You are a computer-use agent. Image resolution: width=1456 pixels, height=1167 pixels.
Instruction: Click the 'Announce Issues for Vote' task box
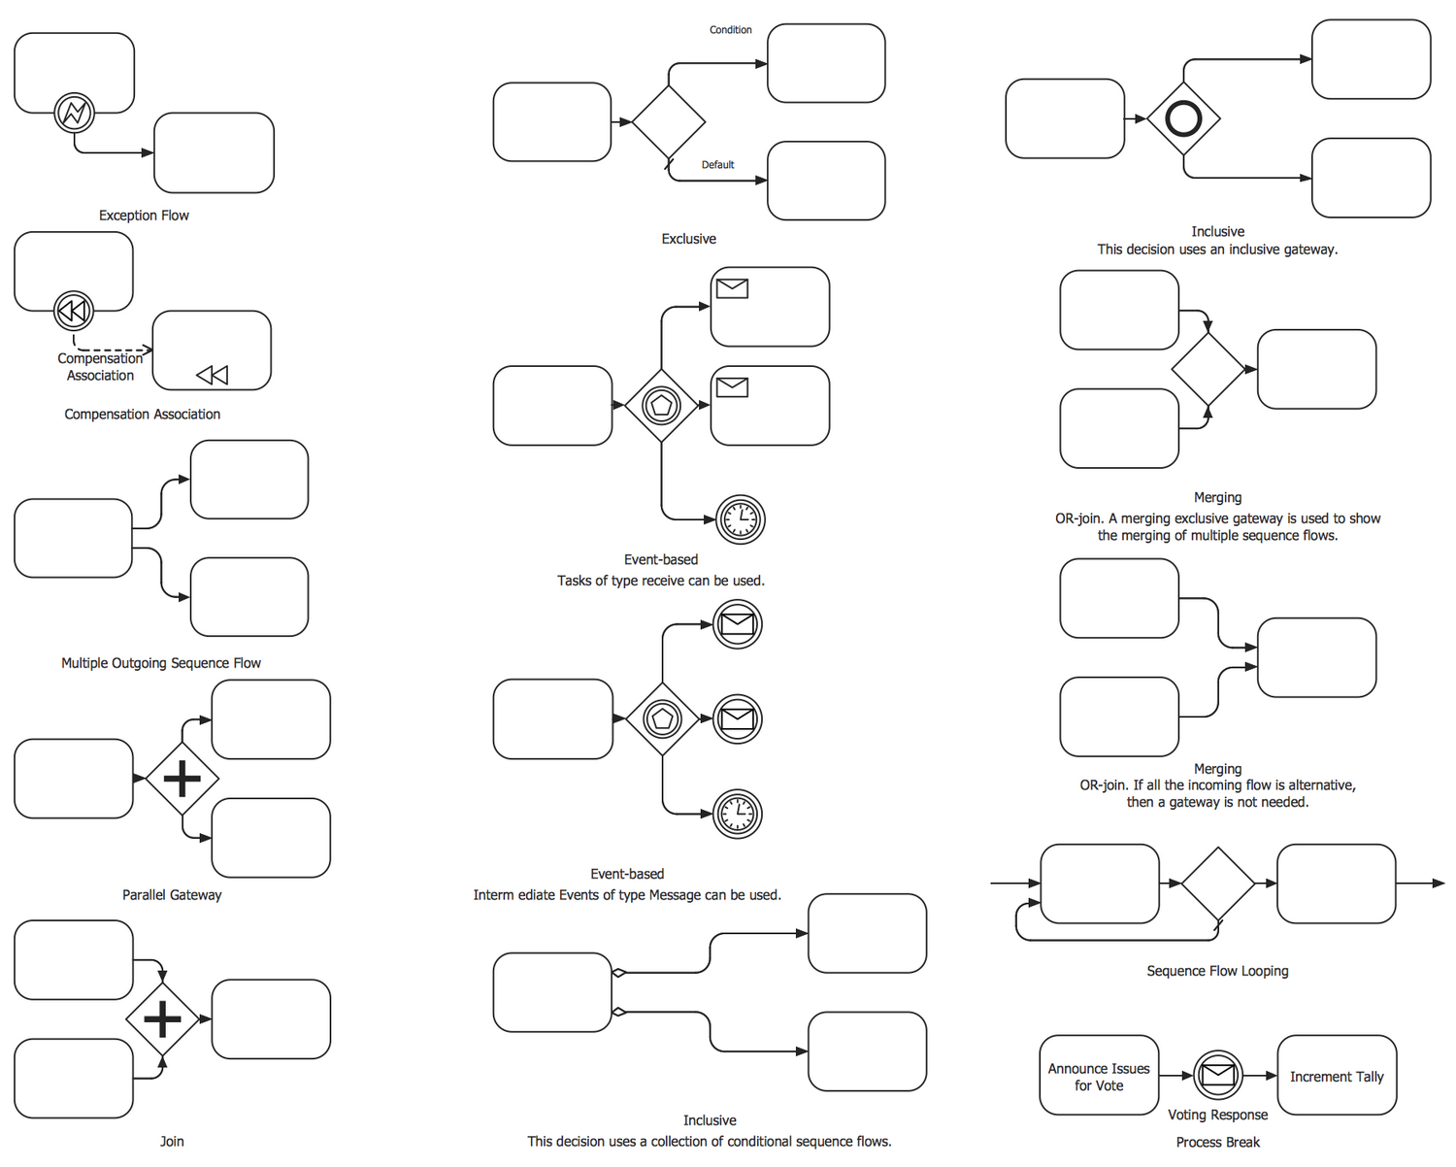coord(1099,1076)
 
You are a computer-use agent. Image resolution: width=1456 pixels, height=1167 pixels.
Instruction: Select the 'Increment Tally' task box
coord(1337,1076)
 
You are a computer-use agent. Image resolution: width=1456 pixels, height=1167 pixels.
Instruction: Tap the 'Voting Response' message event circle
coord(1218,1075)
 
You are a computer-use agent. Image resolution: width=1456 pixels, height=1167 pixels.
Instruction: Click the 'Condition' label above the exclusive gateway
coord(730,30)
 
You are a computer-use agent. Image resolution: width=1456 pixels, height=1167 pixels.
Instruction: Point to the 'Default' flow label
coord(717,165)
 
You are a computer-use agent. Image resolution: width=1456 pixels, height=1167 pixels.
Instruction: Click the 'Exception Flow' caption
coord(144,216)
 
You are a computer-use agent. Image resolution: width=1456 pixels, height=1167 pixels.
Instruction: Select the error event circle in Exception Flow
coord(75,113)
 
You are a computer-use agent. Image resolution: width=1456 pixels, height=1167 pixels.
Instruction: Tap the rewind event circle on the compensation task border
coord(74,311)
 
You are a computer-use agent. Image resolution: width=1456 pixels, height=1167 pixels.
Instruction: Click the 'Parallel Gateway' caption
coord(172,895)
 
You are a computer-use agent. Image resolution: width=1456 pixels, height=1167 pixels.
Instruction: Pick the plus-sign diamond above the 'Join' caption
coord(162,1018)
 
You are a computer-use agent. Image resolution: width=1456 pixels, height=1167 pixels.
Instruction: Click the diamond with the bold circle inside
coord(1183,118)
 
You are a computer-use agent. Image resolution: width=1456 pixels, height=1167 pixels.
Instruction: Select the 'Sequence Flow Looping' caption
coord(1217,971)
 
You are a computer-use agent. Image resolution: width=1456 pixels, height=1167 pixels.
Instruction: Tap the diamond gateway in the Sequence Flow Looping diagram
coord(1218,883)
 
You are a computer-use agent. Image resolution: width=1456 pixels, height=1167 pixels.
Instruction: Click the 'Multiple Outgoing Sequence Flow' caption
coord(161,663)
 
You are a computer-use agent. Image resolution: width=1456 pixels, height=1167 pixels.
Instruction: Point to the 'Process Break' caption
coord(1217,1143)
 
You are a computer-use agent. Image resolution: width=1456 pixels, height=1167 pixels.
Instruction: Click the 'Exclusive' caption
coord(688,239)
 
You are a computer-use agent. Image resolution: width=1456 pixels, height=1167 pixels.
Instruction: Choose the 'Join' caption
coord(172,1142)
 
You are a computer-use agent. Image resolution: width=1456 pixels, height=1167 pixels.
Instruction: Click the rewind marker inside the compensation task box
coord(212,375)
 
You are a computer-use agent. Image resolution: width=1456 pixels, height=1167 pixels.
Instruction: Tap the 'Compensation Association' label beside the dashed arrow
coord(100,367)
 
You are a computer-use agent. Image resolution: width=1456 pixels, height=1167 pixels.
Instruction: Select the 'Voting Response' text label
coord(1217,1115)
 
